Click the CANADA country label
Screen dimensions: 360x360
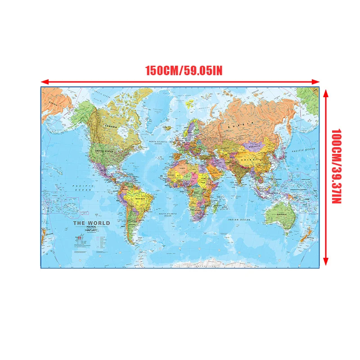click(x=111, y=127)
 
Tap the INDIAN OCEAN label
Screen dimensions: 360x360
click(x=238, y=220)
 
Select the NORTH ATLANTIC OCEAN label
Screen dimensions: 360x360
click(x=158, y=143)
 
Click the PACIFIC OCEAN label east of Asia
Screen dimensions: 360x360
click(x=303, y=150)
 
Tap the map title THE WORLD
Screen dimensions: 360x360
click(x=91, y=223)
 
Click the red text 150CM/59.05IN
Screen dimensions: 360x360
click(x=184, y=71)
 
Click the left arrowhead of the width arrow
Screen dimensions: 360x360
click(x=43, y=82)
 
